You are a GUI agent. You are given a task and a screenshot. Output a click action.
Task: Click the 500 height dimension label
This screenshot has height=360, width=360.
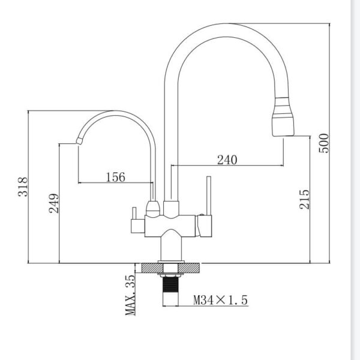[x=324, y=143]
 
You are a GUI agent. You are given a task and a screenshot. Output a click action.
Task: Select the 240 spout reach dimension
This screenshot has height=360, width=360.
[x=227, y=160]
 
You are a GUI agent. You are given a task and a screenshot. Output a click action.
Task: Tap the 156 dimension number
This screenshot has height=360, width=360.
[x=116, y=177]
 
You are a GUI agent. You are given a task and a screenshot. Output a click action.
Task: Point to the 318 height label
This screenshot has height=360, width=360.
[x=23, y=187]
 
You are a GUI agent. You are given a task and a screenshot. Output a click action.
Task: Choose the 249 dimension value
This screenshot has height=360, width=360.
[x=54, y=203]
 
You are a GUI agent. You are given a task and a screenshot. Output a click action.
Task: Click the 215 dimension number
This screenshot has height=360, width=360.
[x=304, y=199]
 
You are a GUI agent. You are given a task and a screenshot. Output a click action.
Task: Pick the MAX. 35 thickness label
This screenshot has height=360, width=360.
[x=130, y=295]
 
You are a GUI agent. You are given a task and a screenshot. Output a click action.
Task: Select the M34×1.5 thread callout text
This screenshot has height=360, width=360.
[x=221, y=300]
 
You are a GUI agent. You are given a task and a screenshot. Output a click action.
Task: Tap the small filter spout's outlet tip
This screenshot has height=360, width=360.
[x=79, y=141]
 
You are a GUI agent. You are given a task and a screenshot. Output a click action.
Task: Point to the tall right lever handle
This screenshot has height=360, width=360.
[x=209, y=196]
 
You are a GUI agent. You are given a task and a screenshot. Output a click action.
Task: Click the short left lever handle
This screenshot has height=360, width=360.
[x=134, y=213]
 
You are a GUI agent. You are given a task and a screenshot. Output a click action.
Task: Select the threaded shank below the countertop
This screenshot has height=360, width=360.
[x=170, y=290]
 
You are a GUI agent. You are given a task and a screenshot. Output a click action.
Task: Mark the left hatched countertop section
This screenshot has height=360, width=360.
[x=152, y=268]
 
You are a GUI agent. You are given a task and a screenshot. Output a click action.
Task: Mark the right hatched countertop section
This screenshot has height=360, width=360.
[x=189, y=268]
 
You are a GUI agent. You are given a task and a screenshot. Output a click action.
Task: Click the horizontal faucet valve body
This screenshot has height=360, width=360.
[x=170, y=226]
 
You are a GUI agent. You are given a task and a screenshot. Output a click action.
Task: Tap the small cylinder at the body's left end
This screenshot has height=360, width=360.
[x=138, y=226]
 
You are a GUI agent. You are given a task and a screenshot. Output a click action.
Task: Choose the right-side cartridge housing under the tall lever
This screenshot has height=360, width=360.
[x=204, y=226]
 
